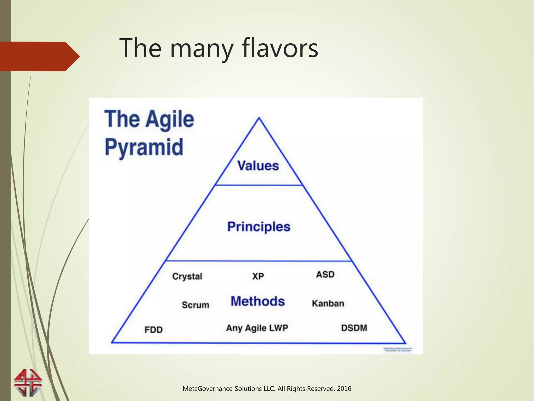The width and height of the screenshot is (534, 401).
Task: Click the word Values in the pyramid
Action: click(258, 166)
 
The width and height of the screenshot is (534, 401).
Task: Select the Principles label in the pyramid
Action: click(259, 227)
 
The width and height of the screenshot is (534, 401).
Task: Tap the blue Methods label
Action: click(258, 301)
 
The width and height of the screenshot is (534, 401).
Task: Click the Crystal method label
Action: click(187, 276)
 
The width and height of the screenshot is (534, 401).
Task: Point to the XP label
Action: click(258, 276)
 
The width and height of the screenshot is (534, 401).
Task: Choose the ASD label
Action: click(325, 274)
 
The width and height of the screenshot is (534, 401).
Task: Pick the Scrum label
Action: click(196, 305)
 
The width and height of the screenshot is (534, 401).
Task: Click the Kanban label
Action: click(328, 303)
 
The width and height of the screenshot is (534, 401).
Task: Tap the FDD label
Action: click(154, 330)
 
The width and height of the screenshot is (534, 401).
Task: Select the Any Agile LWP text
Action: click(257, 328)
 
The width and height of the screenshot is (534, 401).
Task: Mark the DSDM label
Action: click(354, 328)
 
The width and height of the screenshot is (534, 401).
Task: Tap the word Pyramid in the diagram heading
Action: click(144, 148)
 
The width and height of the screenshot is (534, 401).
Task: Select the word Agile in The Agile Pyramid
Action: click(170, 119)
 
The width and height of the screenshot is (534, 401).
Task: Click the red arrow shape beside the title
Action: click(39, 56)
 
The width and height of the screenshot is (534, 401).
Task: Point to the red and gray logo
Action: click(28, 383)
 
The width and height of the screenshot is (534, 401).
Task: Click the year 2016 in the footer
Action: click(344, 389)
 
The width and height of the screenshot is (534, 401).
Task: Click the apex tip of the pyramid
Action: click(259, 118)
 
